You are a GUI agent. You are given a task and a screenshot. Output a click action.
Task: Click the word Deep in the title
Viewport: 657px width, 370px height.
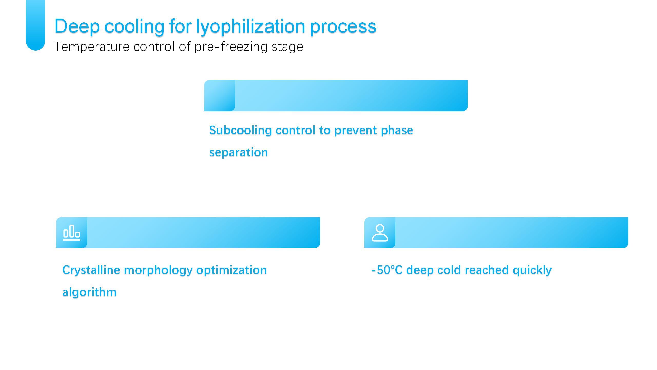tap(77, 26)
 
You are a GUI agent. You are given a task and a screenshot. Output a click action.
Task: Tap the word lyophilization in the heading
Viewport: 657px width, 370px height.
tap(250, 27)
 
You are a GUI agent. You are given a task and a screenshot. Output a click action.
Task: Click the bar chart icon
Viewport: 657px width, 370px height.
tap(72, 233)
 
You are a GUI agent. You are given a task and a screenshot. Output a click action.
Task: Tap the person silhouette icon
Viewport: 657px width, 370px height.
tap(380, 233)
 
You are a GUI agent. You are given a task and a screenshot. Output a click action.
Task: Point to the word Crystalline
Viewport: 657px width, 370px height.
tap(91, 270)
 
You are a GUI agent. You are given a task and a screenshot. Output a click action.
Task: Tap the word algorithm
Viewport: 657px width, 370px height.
tap(90, 292)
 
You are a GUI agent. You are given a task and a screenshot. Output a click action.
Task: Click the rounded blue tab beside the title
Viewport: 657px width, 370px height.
tap(35, 25)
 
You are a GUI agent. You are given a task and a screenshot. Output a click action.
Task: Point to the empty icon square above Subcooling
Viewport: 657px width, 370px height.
tap(219, 96)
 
